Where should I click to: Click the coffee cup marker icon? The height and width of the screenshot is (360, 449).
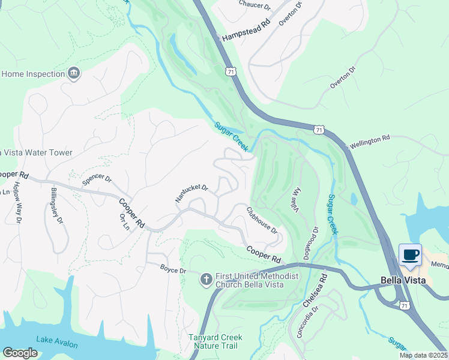410,255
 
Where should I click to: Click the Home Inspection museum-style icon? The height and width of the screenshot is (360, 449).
74,74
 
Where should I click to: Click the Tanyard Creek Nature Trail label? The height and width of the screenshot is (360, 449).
213,341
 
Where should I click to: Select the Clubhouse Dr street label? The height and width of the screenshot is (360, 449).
262,220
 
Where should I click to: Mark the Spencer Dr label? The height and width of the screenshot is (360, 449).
97,181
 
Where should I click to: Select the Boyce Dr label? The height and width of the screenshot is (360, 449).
174,270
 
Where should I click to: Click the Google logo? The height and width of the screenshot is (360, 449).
20,352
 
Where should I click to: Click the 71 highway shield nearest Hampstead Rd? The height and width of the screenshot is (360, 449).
231,71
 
